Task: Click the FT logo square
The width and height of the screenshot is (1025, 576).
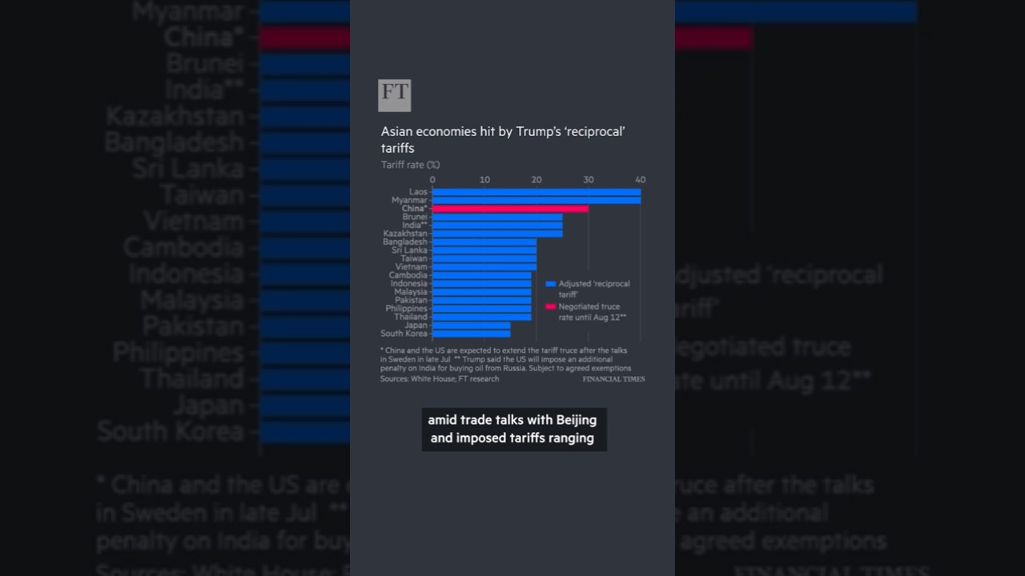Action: coord(394,95)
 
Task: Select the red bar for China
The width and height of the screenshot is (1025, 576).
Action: coord(510,209)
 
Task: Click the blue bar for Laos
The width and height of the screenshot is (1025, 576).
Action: coord(536,192)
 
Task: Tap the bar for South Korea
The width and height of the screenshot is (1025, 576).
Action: coord(471,334)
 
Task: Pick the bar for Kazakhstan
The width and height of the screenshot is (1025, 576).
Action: coord(496,234)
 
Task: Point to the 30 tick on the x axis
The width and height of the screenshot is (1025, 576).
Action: coord(589,180)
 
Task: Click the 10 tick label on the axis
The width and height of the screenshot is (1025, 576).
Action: coord(484,180)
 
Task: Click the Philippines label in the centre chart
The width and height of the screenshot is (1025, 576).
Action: coord(406,309)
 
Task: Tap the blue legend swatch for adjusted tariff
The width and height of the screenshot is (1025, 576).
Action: coord(550,284)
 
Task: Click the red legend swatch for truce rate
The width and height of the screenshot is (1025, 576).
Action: coord(550,306)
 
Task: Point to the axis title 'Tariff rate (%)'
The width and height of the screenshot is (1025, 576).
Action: coord(410,165)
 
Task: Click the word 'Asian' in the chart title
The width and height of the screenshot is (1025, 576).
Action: coord(397,132)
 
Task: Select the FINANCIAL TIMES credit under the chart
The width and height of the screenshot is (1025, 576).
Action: coord(613,379)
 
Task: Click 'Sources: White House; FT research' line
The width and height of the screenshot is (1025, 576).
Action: coord(440,379)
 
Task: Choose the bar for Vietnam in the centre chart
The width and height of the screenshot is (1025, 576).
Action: coord(484,267)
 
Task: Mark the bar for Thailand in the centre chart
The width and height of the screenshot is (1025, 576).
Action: coord(481,317)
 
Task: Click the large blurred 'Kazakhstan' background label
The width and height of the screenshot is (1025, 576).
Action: coord(175,117)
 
